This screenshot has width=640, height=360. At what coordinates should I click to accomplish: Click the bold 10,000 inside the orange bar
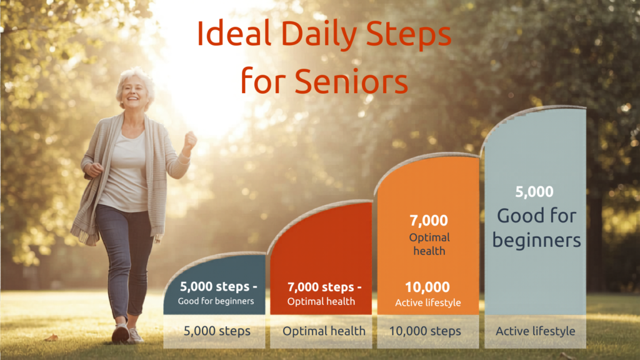[428, 287]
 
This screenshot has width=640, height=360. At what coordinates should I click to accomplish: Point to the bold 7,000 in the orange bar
[428, 221]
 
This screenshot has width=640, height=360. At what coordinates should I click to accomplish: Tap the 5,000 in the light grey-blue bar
[534, 192]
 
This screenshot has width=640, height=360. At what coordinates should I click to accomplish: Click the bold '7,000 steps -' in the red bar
[324, 287]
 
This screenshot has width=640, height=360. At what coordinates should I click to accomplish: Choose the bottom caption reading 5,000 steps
[217, 331]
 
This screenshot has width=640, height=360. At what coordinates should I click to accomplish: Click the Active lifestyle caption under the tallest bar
[536, 331]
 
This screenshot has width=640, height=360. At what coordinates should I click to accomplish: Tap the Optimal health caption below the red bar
[324, 331]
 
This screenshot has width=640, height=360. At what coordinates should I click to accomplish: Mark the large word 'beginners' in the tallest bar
[536, 240]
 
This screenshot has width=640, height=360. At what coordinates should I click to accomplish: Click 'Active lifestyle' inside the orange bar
[428, 303]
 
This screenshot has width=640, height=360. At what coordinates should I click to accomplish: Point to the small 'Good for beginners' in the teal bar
[216, 301]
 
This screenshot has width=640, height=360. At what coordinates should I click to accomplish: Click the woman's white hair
[134, 77]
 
